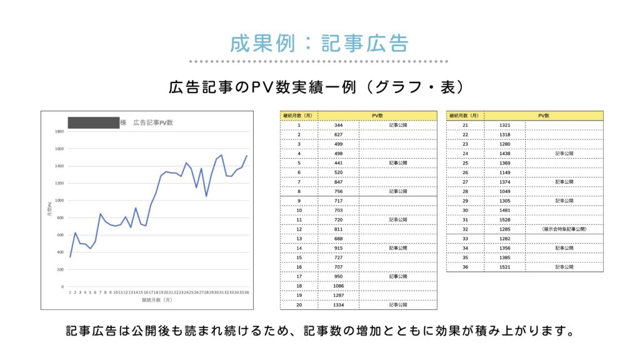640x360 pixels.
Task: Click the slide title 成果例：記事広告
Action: click(x=319, y=44)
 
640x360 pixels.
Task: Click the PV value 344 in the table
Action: click(x=338, y=125)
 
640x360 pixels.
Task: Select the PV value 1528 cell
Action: click(x=505, y=219)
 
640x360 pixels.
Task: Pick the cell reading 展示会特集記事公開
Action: click(x=564, y=229)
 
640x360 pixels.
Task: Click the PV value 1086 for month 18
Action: click(x=338, y=286)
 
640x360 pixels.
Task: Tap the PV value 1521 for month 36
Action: click(x=505, y=267)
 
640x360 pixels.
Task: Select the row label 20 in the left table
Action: click(x=299, y=305)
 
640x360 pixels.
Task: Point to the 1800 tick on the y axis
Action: click(x=59, y=132)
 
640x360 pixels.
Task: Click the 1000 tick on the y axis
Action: click(x=59, y=201)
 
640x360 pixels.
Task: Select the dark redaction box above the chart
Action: click(x=93, y=122)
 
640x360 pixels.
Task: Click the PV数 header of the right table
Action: click(x=544, y=116)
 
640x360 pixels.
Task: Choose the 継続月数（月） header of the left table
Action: click(x=299, y=116)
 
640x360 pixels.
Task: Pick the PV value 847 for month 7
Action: click(x=338, y=182)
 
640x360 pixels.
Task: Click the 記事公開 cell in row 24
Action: click(x=564, y=153)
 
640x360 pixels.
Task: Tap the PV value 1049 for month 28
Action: click(x=505, y=191)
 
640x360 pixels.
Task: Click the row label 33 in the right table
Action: click(x=465, y=239)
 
